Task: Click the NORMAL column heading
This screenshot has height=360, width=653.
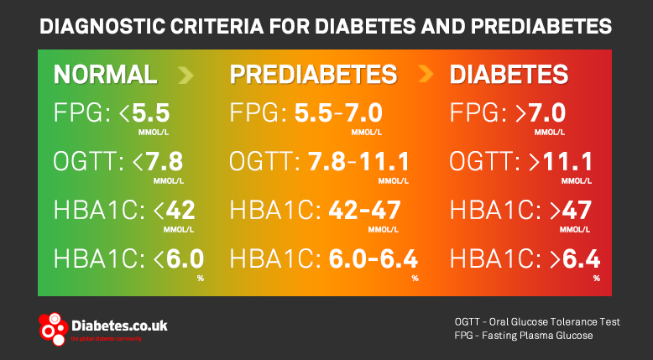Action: [105, 75]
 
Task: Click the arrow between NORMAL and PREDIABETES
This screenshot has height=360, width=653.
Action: [186, 76]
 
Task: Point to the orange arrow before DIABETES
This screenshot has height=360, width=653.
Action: [426, 76]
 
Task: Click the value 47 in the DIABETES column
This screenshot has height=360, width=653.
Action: [579, 210]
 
